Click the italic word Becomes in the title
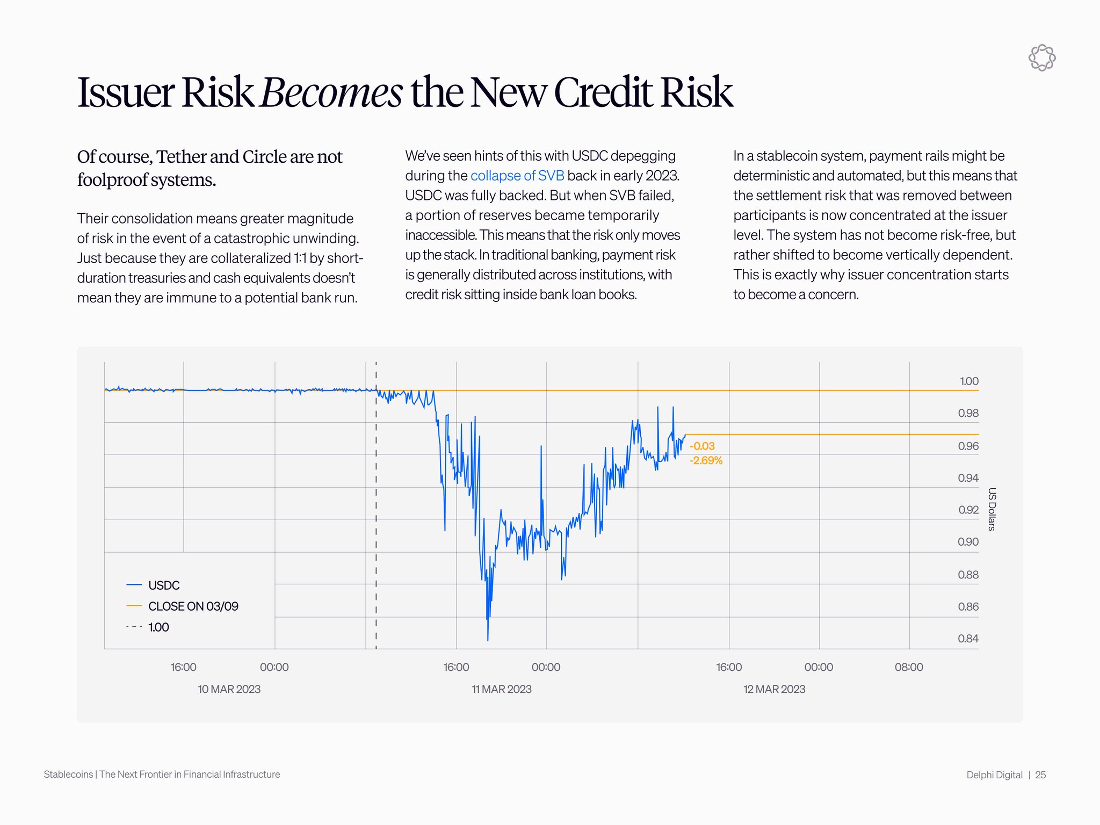pyautogui.click(x=331, y=92)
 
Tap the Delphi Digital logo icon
pyautogui.click(x=1041, y=58)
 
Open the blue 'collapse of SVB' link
pyautogui.click(x=517, y=176)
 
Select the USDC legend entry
pyautogui.click(x=163, y=585)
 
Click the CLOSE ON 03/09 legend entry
pyautogui.click(x=193, y=606)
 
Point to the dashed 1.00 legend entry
pyautogui.click(x=158, y=627)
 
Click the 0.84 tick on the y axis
pyautogui.click(x=968, y=639)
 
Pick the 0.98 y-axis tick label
pyautogui.click(x=968, y=413)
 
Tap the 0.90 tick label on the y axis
pyautogui.click(x=968, y=542)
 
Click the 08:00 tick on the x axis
pyautogui.click(x=909, y=667)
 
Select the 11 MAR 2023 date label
pyautogui.click(x=502, y=689)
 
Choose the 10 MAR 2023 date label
pyautogui.click(x=229, y=689)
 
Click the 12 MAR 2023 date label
pyautogui.click(x=774, y=689)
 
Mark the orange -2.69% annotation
pyautogui.click(x=706, y=460)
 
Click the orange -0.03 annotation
pyautogui.click(x=702, y=446)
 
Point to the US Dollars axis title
pyautogui.click(x=992, y=509)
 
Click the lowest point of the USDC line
pyautogui.click(x=488, y=640)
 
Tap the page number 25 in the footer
pyautogui.click(x=1040, y=775)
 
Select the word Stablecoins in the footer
pyautogui.click(x=68, y=775)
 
